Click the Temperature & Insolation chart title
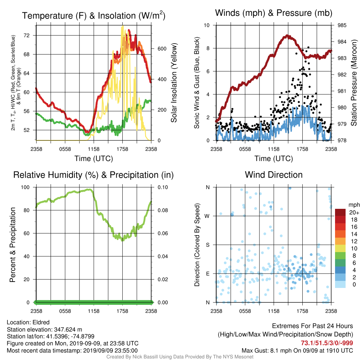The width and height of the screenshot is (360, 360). point(94,15)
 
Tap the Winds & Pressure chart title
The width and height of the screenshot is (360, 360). point(274,13)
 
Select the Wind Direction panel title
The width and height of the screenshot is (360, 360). point(274,175)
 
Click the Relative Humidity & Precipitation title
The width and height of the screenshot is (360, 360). point(94,175)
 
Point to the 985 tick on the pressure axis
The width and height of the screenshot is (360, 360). point(342,25)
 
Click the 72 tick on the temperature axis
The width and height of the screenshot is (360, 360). point(27,36)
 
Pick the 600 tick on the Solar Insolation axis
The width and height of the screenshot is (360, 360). point(162,49)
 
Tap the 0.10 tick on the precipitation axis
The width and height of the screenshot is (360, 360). point(163,187)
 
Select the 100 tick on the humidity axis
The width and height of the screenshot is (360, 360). point(25,187)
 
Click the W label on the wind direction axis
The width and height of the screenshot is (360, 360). point(207,216)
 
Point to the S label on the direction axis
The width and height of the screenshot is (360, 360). point(207,245)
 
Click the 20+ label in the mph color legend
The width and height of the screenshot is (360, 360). point(354,213)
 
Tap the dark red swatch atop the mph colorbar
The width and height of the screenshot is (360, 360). point(340,212)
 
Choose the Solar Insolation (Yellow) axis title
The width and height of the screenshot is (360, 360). point(174,83)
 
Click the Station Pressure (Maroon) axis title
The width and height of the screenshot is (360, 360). point(354,83)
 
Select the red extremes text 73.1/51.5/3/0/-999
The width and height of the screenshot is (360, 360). point(327,343)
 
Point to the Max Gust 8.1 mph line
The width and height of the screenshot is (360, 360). point(297,351)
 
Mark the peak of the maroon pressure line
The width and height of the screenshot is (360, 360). point(287,36)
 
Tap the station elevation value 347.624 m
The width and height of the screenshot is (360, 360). point(68,329)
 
